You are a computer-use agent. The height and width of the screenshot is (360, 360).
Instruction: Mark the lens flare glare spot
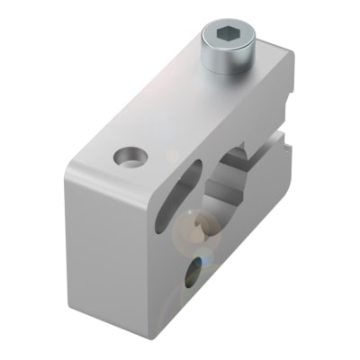(193, 229)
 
